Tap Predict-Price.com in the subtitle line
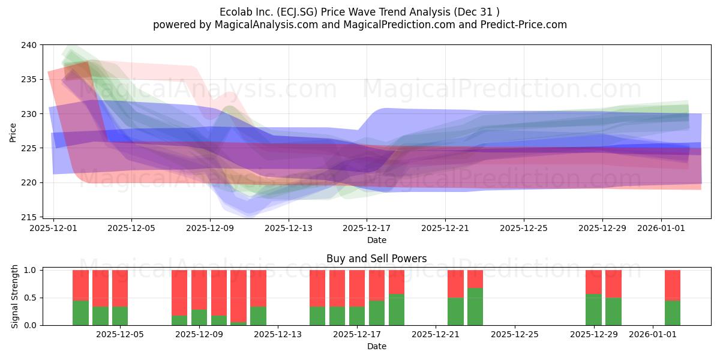pos(524,25)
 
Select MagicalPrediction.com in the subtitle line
pos(399,25)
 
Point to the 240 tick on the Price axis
pos(29,45)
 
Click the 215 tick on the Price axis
pos(29,217)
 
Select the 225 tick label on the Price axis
pos(29,149)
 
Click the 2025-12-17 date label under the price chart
pos(367,228)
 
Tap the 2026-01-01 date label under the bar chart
pos(653,335)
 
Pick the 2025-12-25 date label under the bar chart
pos(515,335)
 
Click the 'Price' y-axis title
pos(13,133)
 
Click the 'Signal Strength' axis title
pos(14,296)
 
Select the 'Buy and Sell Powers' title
pos(376,259)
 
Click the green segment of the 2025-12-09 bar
pos(199,317)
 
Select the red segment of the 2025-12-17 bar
pos(357,289)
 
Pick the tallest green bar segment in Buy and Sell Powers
pos(475,307)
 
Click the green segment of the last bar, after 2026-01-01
pos(673,313)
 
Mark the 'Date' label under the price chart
pos(377,240)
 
